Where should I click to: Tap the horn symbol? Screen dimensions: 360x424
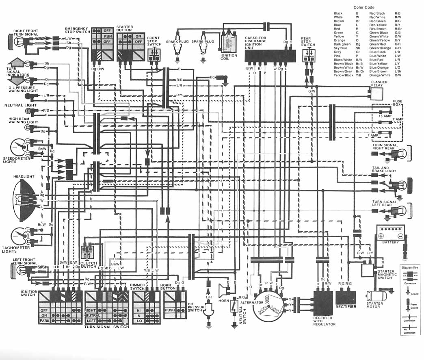(x=223, y=289)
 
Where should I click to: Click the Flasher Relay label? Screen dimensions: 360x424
(x=379, y=84)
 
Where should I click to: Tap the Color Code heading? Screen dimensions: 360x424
(x=363, y=7)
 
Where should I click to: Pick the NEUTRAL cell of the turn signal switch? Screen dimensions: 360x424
(x=92, y=316)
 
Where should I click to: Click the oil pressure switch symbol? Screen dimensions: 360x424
(x=209, y=311)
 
